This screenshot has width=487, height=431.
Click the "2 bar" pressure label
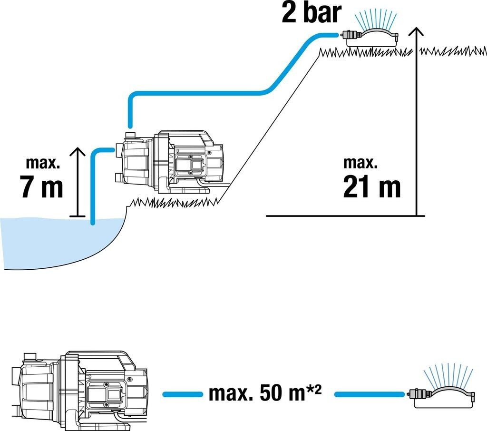[312, 13]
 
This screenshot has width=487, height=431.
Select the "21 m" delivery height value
[371, 187]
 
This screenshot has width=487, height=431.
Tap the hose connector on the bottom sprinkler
[418, 394]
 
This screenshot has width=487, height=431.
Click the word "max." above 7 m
[43, 163]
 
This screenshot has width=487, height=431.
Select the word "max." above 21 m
[360, 163]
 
